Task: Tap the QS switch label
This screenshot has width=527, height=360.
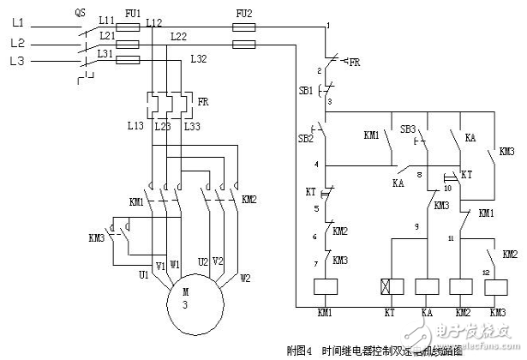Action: click(x=80, y=13)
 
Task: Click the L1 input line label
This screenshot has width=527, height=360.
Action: click(x=16, y=25)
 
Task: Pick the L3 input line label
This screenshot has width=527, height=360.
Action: click(x=16, y=61)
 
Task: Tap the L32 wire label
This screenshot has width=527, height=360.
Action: click(x=198, y=59)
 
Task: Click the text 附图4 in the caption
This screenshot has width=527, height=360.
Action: click(x=302, y=349)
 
